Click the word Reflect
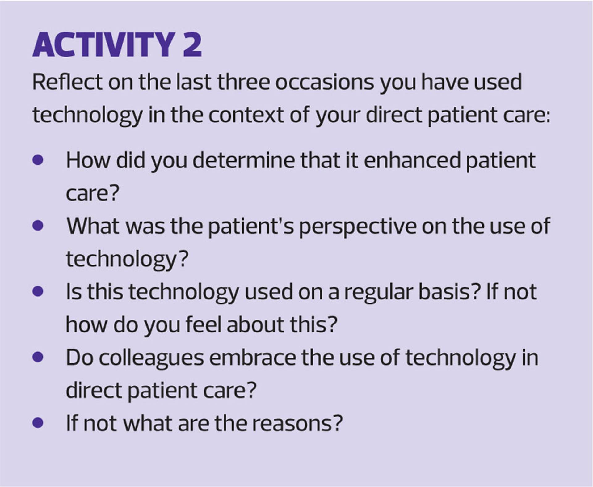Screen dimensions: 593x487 tap(67, 82)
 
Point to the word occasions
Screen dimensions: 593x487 tap(325, 83)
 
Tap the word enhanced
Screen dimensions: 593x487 tap(412, 160)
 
